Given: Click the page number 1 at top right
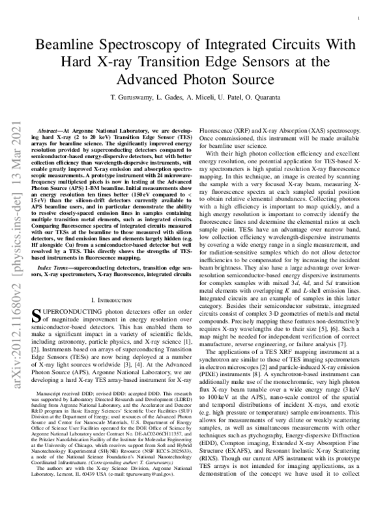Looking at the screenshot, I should click(360, 20).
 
